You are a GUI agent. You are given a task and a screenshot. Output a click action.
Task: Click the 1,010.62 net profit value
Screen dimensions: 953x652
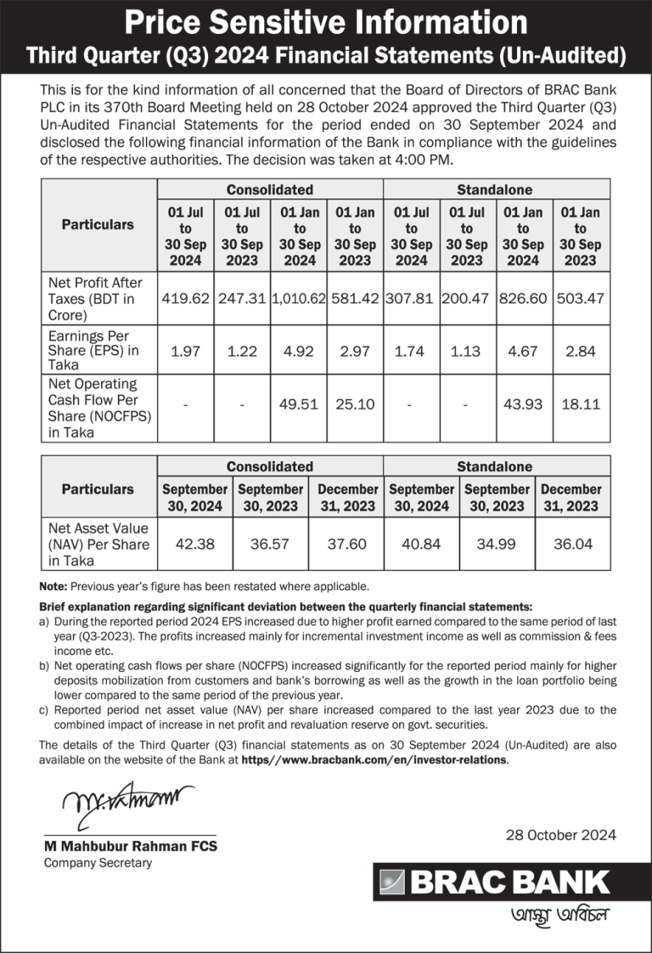tap(299, 299)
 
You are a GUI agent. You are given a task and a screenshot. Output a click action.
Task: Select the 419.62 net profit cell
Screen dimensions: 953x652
tap(186, 299)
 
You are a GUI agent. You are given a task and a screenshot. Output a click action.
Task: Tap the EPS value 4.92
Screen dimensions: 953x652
tap(299, 351)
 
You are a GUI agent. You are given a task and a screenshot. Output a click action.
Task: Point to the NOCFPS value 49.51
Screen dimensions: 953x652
tap(299, 404)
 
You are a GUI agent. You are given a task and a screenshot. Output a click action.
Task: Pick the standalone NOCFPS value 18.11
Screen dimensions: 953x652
tap(580, 404)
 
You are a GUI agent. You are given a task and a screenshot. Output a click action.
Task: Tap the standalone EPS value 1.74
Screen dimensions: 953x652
tap(411, 351)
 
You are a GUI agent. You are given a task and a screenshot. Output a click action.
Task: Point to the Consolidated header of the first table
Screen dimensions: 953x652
tap(269, 189)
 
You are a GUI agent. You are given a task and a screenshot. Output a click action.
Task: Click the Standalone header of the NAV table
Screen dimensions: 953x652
tap(495, 466)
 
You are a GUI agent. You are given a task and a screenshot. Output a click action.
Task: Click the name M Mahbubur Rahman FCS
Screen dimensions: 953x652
tap(130, 847)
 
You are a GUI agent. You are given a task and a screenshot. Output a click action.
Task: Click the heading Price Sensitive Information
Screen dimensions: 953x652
tap(326, 21)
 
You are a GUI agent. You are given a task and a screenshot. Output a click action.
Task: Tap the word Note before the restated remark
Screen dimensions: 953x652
tap(53, 586)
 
